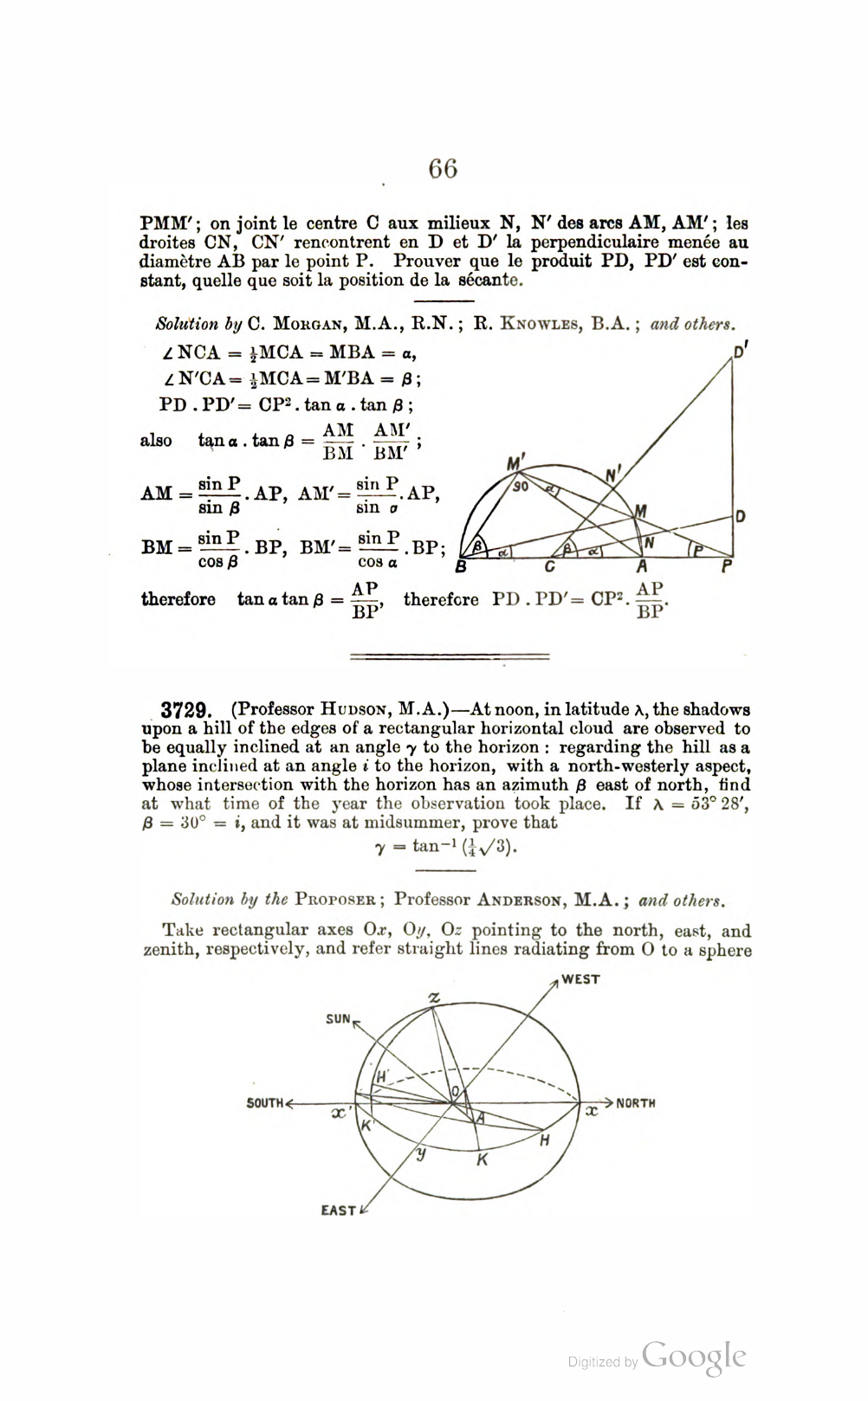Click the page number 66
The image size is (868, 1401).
click(443, 168)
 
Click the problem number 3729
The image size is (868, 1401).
click(185, 711)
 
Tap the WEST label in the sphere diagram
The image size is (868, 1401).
click(581, 979)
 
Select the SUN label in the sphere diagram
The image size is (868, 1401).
click(338, 1019)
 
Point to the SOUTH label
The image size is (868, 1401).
click(265, 1103)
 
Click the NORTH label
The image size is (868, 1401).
click(636, 1103)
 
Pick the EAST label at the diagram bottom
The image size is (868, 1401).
click(338, 1211)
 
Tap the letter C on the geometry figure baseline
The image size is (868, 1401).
click(549, 568)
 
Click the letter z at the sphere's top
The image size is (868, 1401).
click(434, 998)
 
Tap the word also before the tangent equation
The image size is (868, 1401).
click(156, 441)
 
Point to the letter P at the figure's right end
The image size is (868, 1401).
click(727, 568)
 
